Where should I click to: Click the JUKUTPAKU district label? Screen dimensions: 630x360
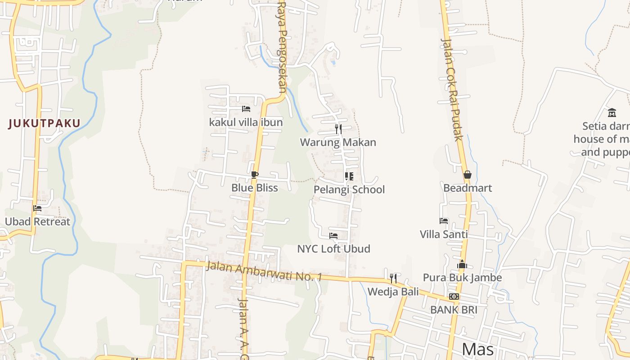[44, 123]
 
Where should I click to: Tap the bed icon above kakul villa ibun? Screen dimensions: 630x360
[246, 109]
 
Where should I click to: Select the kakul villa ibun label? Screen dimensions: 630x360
[246, 122]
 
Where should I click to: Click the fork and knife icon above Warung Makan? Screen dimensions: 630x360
[338, 129]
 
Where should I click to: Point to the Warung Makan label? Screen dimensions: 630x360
[338, 142]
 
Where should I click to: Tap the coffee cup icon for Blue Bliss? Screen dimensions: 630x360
[255, 175]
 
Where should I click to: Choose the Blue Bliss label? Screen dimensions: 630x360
[255, 188]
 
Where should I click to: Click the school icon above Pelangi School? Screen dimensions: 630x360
[349, 176]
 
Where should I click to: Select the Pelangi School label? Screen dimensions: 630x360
[349, 189]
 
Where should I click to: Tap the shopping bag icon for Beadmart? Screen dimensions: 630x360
[468, 175]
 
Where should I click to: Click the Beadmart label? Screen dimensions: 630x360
[468, 188]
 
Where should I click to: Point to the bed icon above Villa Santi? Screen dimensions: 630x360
[444, 221]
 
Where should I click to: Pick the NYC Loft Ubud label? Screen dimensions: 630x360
[333, 248]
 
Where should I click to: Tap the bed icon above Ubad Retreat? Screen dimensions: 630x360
[37, 208]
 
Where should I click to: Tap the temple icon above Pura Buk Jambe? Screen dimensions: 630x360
[462, 265]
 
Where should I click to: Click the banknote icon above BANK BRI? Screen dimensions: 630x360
[454, 297]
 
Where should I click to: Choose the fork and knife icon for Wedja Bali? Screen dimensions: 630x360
[393, 278]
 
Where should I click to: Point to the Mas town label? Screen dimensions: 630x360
[478, 349]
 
